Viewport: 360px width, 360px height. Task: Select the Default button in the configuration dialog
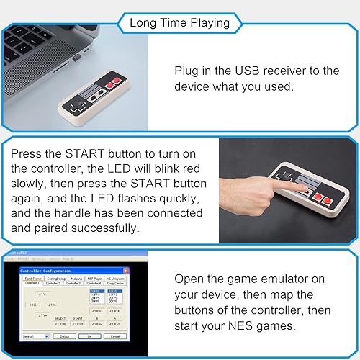click(x=63, y=336)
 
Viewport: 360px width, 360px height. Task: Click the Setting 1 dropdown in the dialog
click(x=34, y=336)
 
